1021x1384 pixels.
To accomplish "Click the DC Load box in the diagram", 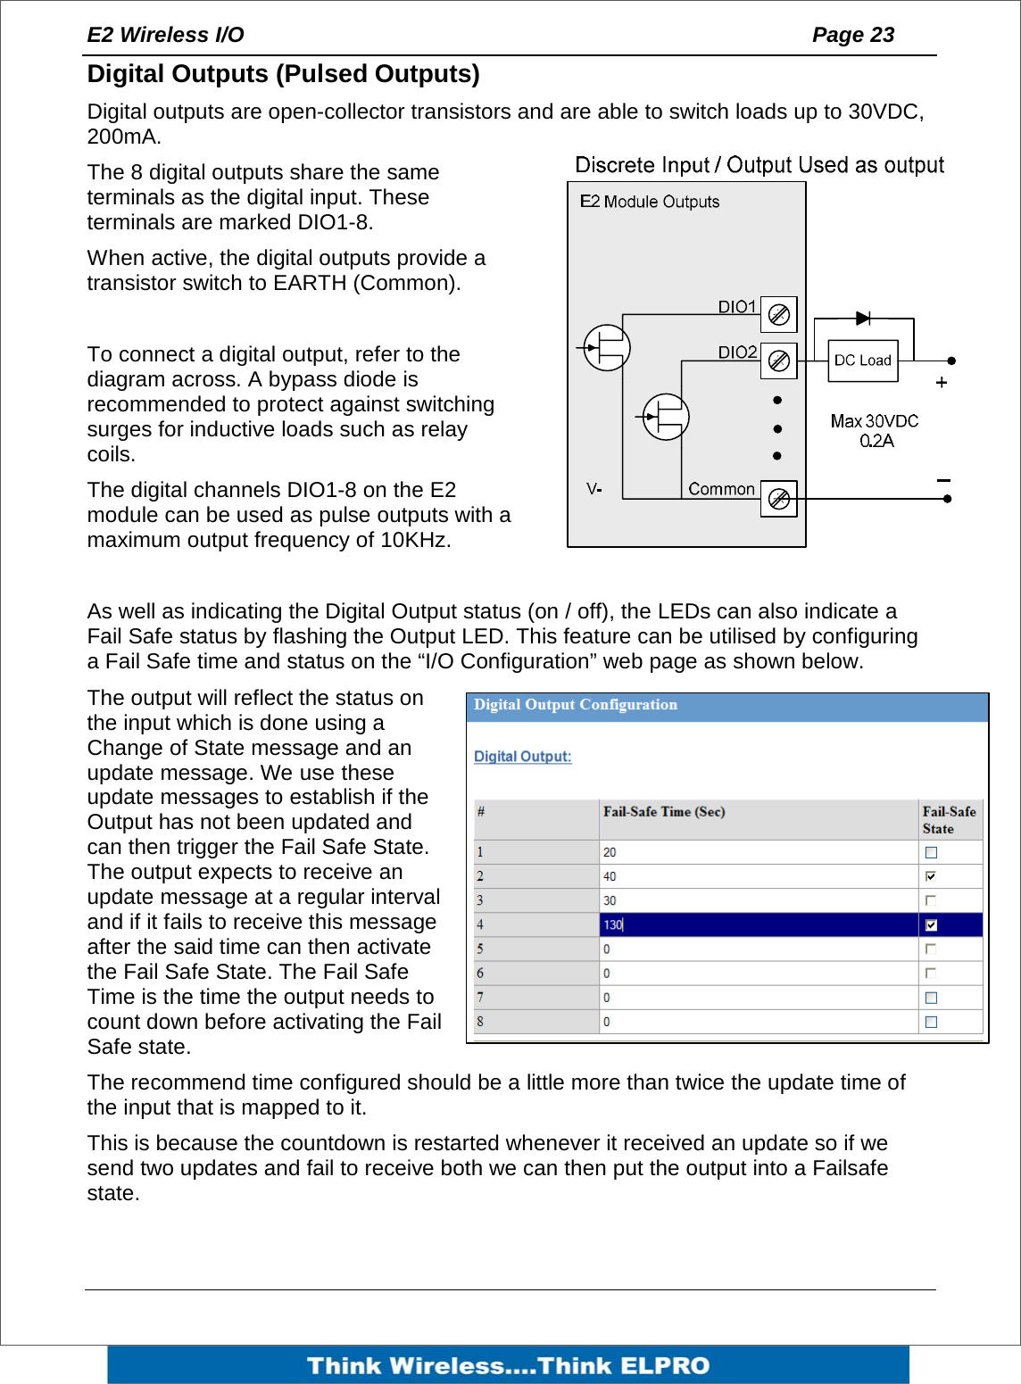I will (x=862, y=361).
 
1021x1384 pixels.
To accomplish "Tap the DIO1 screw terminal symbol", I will (x=778, y=314).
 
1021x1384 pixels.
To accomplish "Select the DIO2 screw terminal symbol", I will (x=778, y=361).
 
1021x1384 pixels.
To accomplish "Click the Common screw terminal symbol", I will (x=778, y=498).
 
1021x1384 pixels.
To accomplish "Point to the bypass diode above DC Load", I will (x=863, y=319).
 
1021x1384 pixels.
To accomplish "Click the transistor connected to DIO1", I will (x=607, y=347).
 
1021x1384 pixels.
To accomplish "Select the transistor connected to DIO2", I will (x=666, y=417).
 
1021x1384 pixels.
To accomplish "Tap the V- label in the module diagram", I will (x=594, y=489).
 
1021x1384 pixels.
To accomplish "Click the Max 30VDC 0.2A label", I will (x=874, y=430).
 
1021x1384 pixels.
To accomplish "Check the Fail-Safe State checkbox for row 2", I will (x=931, y=876).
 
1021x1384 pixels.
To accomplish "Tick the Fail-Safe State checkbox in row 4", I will (x=931, y=924).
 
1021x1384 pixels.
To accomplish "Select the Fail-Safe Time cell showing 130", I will (x=759, y=924).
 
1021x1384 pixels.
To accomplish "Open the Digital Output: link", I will (x=522, y=756).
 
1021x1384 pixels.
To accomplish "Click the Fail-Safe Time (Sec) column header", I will (x=664, y=812).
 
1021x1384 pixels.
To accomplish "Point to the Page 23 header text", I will (x=852, y=35).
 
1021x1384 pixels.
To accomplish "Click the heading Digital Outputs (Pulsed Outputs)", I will (x=283, y=74).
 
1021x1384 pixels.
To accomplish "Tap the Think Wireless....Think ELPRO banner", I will (x=508, y=1365).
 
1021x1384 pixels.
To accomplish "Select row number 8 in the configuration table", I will (x=480, y=1022).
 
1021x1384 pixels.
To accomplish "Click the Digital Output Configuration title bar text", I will (x=575, y=705).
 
